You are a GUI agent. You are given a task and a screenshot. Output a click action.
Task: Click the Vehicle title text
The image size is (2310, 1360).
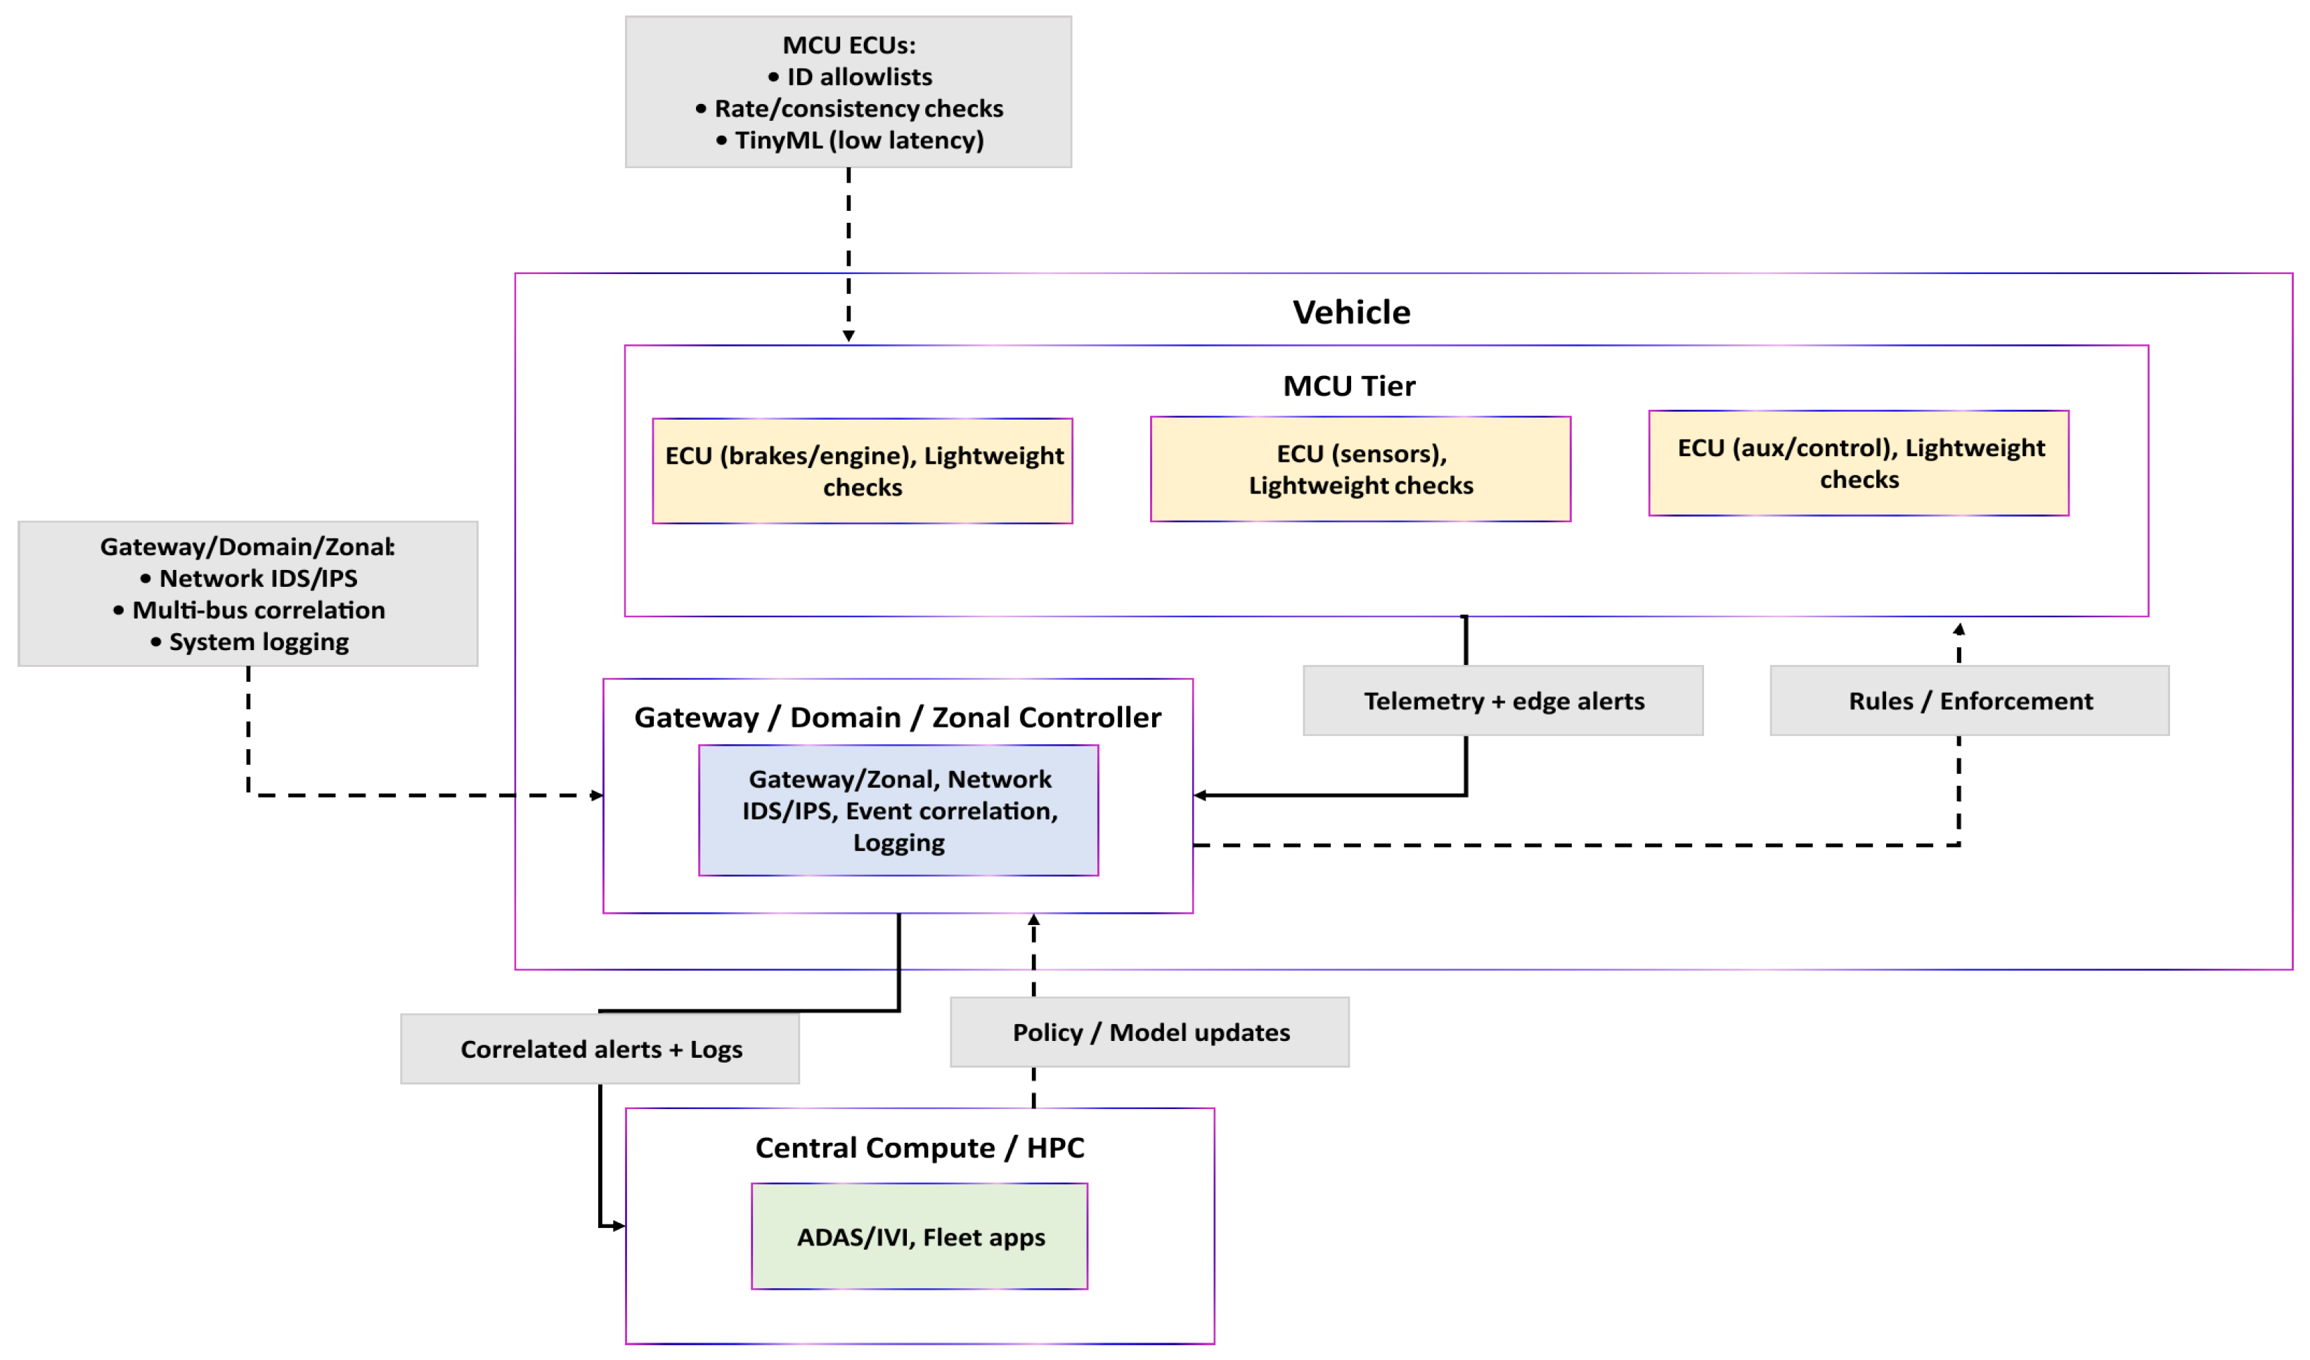click(x=1351, y=313)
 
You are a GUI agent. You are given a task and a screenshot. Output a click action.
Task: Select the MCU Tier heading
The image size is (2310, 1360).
click(x=1348, y=386)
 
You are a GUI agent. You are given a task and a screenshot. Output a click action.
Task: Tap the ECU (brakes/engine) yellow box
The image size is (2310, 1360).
click(x=863, y=471)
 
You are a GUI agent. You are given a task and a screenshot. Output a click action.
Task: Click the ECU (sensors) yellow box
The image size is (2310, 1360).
click(x=1360, y=469)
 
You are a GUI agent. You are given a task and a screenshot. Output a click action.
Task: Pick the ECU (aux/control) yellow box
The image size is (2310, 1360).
click(x=1858, y=464)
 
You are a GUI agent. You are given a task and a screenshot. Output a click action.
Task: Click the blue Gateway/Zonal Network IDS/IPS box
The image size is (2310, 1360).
click(x=898, y=810)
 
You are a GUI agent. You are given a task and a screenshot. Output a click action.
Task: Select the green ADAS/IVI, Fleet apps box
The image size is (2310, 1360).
click(x=920, y=1236)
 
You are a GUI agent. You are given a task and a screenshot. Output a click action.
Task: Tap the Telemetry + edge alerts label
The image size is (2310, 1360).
click(x=1504, y=701)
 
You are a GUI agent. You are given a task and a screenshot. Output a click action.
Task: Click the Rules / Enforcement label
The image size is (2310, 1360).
click(x=1969, y=701)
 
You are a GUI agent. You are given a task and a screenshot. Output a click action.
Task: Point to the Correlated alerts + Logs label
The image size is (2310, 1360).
click(x=600, y=1049)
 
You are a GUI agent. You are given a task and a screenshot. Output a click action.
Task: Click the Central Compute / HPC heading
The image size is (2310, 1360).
click(x=920, y=1147)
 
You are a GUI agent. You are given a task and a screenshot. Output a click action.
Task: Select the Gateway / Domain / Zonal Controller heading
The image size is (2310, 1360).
click(x=898, y=718)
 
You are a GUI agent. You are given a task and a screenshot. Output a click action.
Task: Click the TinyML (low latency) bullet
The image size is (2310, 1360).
click(x=858, y=140)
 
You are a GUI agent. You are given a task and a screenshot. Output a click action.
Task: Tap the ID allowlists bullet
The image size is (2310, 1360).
click(x=858, y=77)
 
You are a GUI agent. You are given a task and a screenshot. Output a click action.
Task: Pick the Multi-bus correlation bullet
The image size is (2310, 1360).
click(x=257, y=610)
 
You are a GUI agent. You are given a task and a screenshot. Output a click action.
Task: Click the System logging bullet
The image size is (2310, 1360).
click(x=257, y=642)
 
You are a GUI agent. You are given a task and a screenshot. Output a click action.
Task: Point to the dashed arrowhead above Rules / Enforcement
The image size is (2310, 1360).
click(x=1959, y=630)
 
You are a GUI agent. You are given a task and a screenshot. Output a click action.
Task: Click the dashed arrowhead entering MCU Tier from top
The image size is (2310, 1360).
click(x=848, y=337)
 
